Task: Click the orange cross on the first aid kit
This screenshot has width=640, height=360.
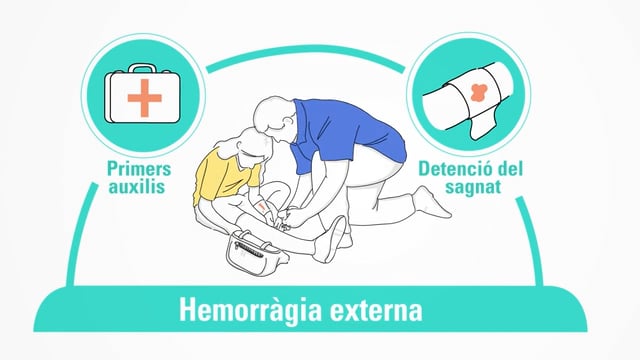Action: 144,98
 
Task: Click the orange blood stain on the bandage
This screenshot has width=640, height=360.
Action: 477,93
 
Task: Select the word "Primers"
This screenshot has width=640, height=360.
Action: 139,168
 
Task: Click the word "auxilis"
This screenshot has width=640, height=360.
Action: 137,187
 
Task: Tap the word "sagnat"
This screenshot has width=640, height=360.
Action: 473,187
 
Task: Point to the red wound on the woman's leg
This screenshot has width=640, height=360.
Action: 263,206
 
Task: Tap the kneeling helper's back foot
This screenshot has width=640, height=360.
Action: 433,202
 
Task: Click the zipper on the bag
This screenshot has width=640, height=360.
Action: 249,249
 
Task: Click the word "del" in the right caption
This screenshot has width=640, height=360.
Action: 509,168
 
